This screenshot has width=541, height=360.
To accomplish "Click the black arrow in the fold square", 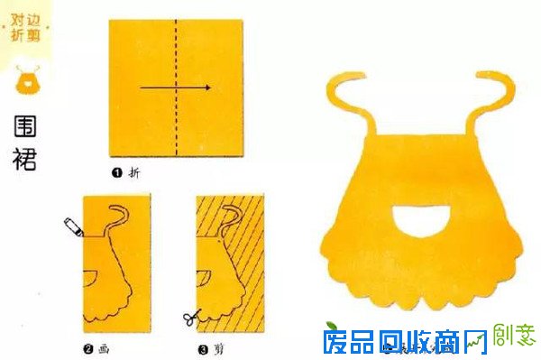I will (176, 88).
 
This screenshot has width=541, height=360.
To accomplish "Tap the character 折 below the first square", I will (135, 170).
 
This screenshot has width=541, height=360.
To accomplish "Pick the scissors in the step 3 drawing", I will (189, 318).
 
